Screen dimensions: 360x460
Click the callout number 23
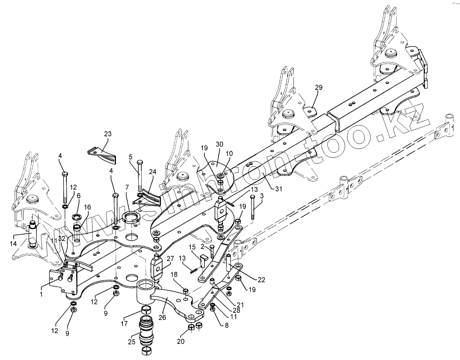coord(108,134)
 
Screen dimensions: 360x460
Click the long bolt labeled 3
coord(253,207)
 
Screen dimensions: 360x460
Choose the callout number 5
coord(131,157)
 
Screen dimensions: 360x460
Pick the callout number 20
coord(180,341)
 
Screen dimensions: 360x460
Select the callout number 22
coord(261,279)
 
